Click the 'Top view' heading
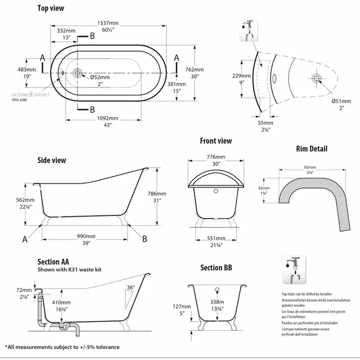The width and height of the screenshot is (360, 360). [x=51, y=9]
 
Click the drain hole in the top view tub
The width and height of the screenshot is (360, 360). [x=77, y=74]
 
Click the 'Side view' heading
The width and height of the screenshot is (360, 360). [x=51, y=160]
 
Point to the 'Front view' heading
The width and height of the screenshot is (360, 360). [x=215, y=141]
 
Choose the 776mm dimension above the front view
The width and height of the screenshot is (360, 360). [x=216, y=157]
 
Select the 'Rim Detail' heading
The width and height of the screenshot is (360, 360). [x=311, y=150]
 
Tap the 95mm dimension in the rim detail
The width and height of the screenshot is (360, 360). [x=309, y=168]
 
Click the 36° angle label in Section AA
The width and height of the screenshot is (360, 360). [x=132, y=287]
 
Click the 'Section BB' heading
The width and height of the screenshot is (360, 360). [x=217, y=267]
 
